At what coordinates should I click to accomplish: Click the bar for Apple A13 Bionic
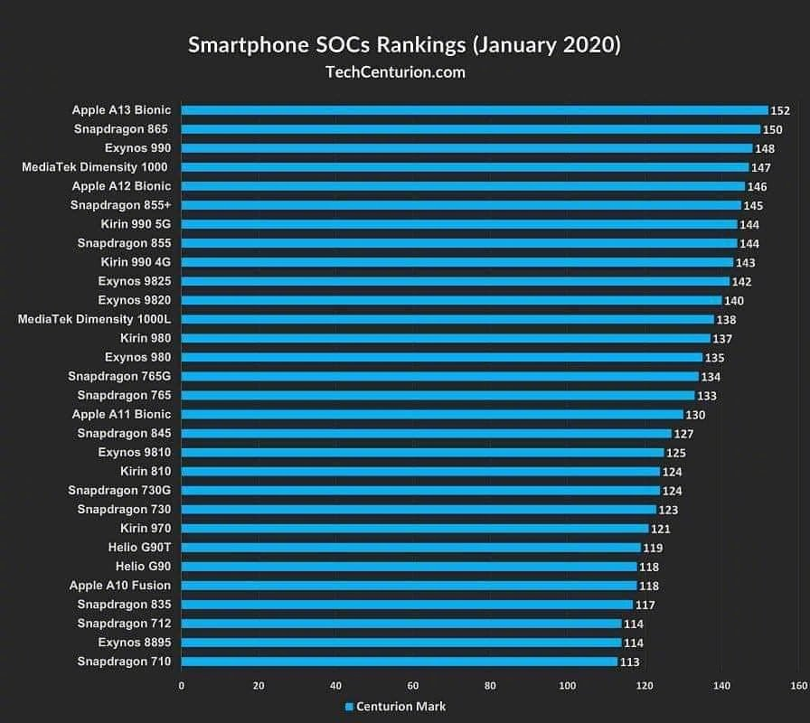click(475, 110)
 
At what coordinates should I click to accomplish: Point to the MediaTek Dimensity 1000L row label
click(94, 319)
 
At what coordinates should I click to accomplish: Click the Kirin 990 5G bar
click(459, 224)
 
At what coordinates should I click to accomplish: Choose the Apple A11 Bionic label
click(121, 414)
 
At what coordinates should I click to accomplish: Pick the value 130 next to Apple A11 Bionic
click(695, 415)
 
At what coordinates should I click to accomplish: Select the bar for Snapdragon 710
click(400, 662)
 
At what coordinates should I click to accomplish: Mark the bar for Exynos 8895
click(401, 643)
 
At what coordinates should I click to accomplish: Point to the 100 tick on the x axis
click(567, 686)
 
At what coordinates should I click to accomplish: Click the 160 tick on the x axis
click(798, 686)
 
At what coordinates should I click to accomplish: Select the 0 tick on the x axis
click(182, 686)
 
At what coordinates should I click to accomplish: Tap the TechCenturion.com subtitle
click(394, 72)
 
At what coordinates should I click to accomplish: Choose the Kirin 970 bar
click(415, 528)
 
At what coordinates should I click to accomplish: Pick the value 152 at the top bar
click(780, 110)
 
